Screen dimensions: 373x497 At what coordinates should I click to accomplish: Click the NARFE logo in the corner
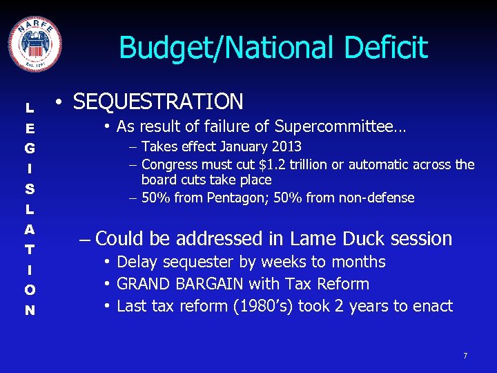click(x=35, y=43)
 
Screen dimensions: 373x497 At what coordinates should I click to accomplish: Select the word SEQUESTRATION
click(x=158, y=102)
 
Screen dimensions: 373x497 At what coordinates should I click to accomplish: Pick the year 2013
click(x=287, y=146)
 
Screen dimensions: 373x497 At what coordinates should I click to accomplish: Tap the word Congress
click(x=169, y=164)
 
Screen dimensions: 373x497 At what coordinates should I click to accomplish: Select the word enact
click(x=432, y=306)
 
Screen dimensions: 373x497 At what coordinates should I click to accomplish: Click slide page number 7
click(x=465, y=356)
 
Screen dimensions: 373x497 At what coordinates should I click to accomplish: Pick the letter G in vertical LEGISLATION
click(x=30, y=148)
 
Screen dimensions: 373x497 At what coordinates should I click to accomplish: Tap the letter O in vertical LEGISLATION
click(x=30, y=289)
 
